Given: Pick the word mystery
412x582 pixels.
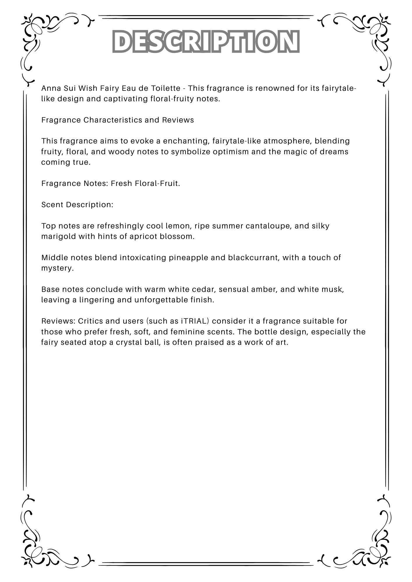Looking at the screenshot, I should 57,268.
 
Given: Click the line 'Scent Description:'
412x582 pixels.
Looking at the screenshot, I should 77,205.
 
